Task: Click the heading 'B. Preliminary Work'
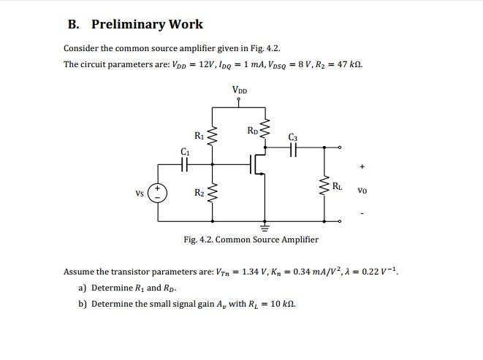[x=135, y=24]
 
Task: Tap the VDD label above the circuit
[x=240, y=91]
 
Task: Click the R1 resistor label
[x=199, y=135]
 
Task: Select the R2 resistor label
[x=199, y=193]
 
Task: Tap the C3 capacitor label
[x=294, y=136]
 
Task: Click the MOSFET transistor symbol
[x=258, y=165]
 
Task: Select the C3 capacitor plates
[x=294, y=148]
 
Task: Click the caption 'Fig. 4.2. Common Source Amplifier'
[x=251, y=240]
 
